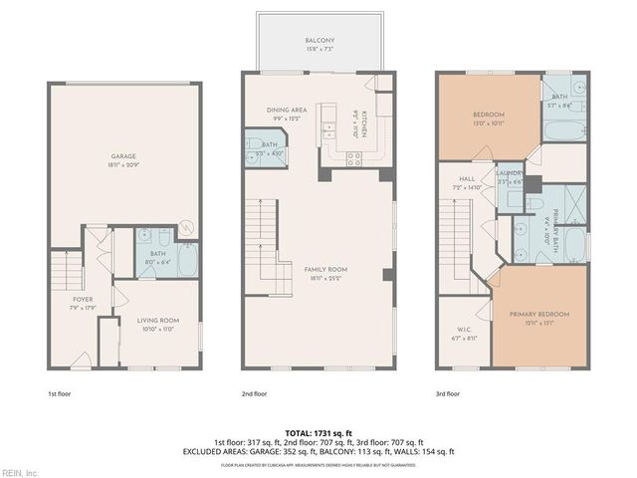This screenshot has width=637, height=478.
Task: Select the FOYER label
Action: [x=82, y=299]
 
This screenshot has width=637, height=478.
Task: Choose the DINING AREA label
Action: [x=285, y=110]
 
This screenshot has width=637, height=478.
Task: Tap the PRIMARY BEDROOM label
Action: [x=537, y=315]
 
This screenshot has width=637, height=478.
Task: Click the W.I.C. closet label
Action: [x=464, y=330]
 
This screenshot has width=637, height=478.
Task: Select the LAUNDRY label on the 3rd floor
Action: [x=510, y=173]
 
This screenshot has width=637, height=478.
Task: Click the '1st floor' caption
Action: [x=59, y=393]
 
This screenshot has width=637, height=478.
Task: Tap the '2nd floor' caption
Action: [x=254, y=393]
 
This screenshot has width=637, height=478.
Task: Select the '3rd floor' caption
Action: [x=447, y=393]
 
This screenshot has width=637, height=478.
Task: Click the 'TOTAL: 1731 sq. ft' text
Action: [x=318, y=432]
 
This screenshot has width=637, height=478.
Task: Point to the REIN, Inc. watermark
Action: [x=20, y=472]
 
